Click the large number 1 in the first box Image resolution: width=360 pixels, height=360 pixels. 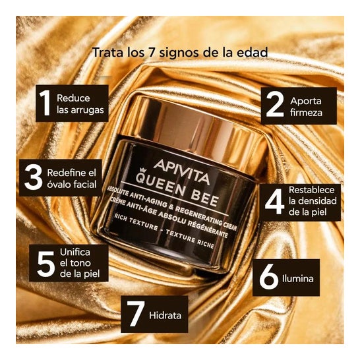point(45,103)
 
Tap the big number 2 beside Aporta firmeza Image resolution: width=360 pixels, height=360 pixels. point(274,104)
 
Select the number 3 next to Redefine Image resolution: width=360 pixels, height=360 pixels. point(34,177)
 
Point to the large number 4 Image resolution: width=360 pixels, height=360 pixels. point(274,202)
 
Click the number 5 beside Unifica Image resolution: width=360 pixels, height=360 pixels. point(46,264)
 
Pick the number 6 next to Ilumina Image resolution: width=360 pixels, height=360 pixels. point(268,276)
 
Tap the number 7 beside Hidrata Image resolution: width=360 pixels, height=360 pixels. point(136,313)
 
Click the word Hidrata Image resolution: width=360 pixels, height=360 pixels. point(165,315)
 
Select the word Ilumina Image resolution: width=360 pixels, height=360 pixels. point(298,278)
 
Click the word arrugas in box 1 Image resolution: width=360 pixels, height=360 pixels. point(88,110)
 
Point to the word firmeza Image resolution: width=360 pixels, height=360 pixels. point(306,113)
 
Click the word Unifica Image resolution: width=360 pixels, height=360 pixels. point(75,252)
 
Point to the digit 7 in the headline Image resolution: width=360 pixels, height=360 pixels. point(149,53)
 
